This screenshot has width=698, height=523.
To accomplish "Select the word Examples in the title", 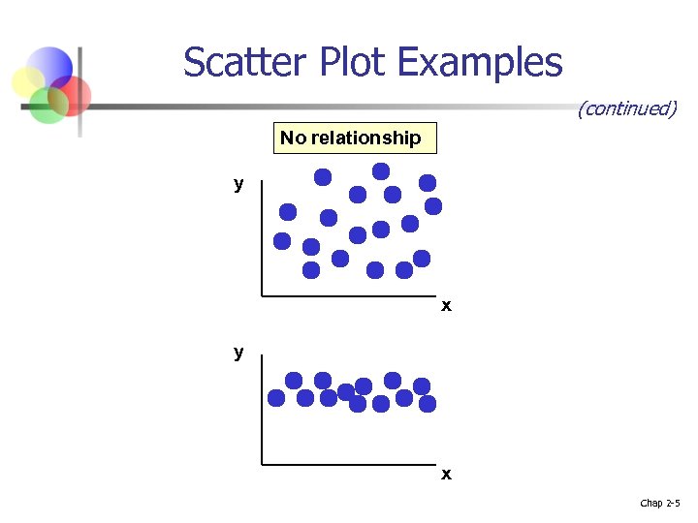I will click(x=480, y=63).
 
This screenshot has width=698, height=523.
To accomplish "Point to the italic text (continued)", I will click(x=626, y=108).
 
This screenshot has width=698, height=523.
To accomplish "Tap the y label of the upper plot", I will click(x=238, y=184).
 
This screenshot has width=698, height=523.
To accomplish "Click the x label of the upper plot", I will click(x=446, y=306).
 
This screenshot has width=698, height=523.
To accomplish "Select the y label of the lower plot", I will click(x=238, y=353).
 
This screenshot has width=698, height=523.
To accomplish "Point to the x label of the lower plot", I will click(x=446, y=475).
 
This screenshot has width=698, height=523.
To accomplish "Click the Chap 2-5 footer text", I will click(x=660, y=503).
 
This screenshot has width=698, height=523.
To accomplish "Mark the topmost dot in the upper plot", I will click(x=381, y=170).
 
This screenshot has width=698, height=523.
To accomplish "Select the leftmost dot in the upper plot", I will click(x=282, y=240).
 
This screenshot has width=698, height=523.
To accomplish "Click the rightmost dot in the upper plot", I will click(x=433, y=205).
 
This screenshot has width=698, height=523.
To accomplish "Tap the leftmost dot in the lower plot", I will click(x=276, y=397).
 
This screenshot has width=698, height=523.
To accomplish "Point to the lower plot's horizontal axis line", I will click(x=349, y=465).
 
